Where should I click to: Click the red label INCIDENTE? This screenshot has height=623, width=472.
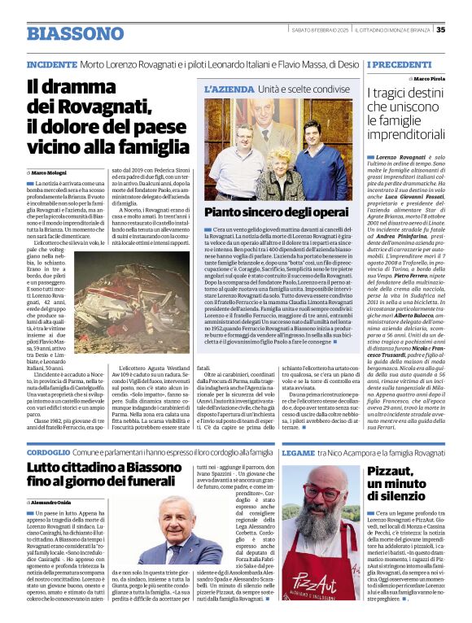52,63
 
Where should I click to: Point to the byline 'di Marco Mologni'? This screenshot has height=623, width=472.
50,172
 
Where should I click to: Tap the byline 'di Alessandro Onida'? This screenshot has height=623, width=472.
55,503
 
